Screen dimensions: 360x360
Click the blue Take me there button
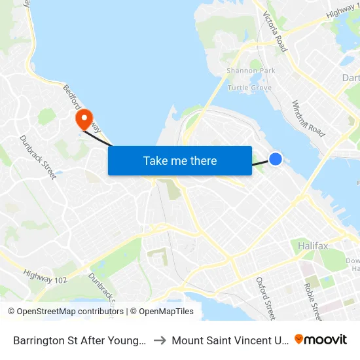click(180, 160)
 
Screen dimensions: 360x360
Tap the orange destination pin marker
click(84, 119)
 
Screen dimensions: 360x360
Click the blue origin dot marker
click(276, 158)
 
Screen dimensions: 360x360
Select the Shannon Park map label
click(251, 70)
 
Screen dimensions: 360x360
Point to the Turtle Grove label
click(249, 87)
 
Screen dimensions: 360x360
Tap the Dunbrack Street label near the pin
click(38, 157)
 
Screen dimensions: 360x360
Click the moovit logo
click(321, 339)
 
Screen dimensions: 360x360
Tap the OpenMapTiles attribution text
click(162, 312)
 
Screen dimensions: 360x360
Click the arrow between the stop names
click(160, 340)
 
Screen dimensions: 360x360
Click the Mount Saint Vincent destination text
click(230, 340)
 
